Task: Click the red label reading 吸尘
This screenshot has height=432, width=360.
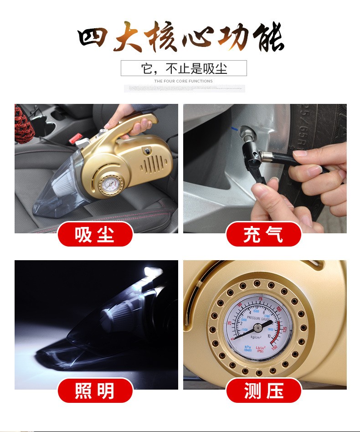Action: [x=95, y=235]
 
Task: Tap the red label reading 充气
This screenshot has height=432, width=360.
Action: [x=263, y=235]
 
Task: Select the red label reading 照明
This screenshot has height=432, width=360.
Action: [x=95, y=391]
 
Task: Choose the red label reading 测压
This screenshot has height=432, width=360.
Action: [x=263, y=391]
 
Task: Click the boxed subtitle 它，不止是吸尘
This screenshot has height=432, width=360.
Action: [x=184, y=68]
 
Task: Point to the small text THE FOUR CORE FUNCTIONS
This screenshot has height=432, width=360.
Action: [x=184, y=81]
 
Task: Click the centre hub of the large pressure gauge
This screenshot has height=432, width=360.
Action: [x=257, y=327]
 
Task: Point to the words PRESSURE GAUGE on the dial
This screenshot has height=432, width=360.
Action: [x=259, y=318]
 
